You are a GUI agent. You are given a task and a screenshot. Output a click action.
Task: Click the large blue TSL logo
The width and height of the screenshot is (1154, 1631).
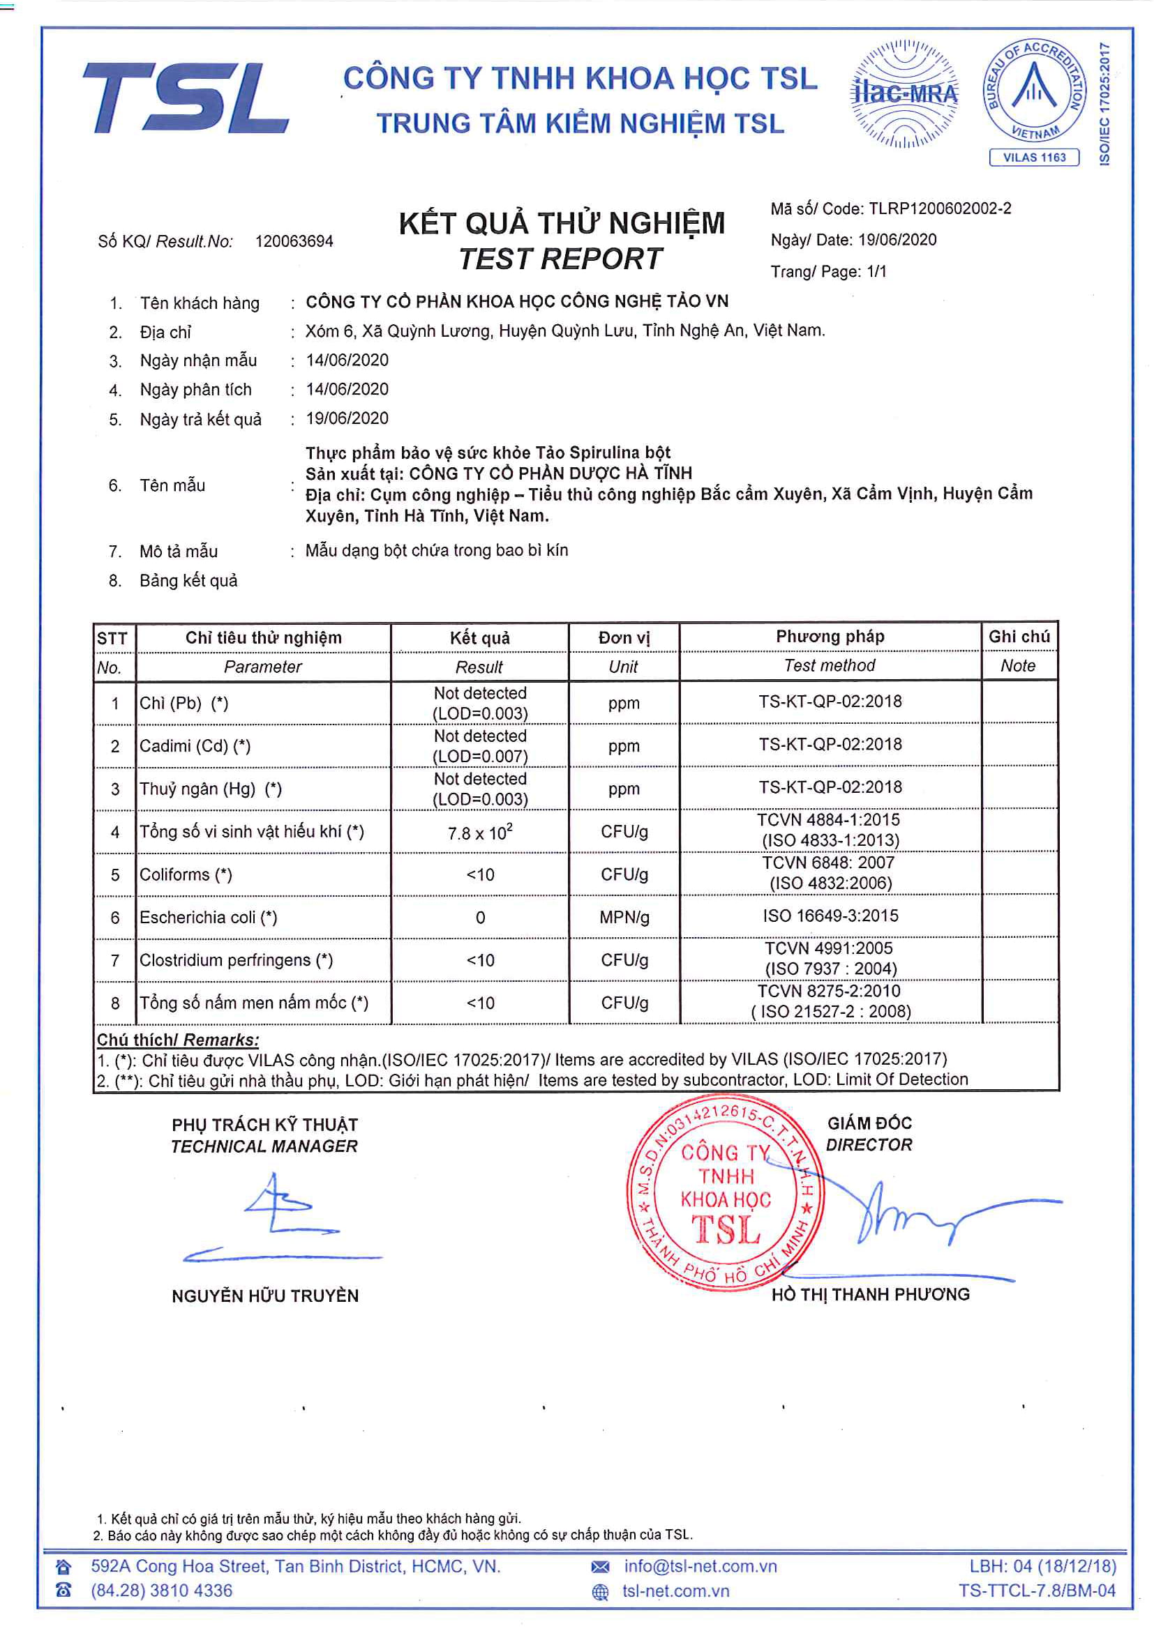(x=186, y=98)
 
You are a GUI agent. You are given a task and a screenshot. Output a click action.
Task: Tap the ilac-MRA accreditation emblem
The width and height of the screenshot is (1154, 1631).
(x=903, y=93)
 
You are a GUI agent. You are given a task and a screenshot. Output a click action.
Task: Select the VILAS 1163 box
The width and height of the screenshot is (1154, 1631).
(x=1034, y=158)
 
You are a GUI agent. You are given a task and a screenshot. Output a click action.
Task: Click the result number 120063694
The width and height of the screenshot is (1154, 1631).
(x=294, y=241)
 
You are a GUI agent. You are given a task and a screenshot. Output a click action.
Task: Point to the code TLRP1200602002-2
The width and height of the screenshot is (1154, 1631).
(x=939, y=209)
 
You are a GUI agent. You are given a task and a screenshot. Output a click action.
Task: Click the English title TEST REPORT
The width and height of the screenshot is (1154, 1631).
(x=561, y=259)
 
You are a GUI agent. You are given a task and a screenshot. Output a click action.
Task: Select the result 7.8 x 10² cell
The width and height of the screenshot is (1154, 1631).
(x=479, y=832)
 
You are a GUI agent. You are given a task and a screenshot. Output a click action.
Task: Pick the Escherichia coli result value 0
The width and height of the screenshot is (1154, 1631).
(x=480, y=918)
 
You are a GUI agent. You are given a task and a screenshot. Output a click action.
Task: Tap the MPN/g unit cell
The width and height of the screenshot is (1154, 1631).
(x=624, y=918)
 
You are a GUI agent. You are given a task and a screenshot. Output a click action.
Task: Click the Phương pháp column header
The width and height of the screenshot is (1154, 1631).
(x=830, y=637)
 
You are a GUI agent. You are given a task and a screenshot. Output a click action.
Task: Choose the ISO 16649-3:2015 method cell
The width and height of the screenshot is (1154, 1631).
(x=830, y=916)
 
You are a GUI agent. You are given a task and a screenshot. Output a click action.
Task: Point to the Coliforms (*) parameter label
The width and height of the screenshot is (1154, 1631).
(x=186, y=875)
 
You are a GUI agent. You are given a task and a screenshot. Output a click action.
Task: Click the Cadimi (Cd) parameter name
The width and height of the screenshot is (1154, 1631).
(x=195, y=747)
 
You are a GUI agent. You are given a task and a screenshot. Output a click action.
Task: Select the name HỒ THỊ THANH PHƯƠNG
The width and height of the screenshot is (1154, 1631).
(x=871, y=1294)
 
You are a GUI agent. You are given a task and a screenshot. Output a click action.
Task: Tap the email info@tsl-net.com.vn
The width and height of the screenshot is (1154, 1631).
(x=700, y=1566)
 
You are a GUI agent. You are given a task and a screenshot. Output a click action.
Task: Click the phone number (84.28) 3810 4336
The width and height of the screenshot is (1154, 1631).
(x=161, y=1591)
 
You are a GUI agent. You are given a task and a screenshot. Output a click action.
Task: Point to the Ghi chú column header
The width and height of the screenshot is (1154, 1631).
(x=1019, y=637)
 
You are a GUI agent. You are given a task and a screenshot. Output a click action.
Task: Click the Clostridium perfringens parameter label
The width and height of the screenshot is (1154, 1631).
(x=236, y=960)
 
